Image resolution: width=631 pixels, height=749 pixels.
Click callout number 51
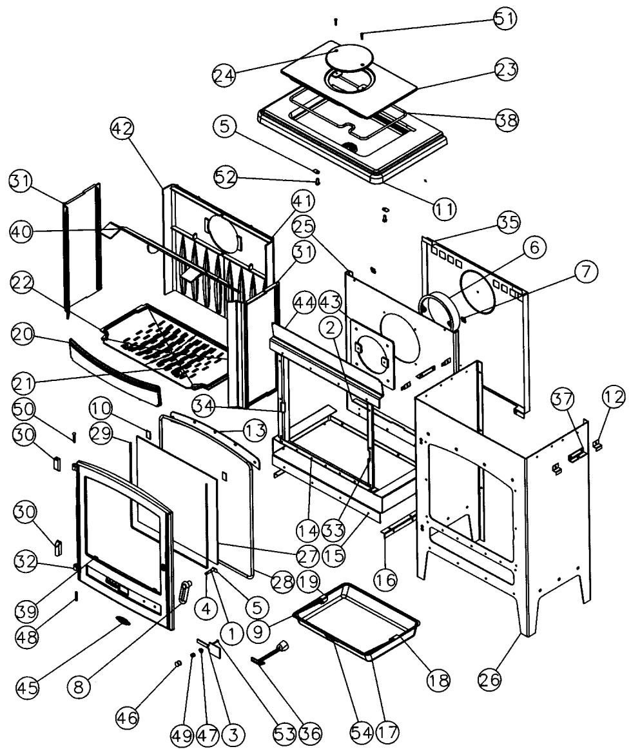[x=505, y=19]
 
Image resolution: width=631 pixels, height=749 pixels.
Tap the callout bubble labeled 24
[x=224, y=75]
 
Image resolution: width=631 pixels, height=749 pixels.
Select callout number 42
[x=122, y=129]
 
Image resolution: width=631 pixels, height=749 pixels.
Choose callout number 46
[x=127, y=717]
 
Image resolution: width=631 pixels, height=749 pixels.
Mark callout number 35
[x=509, y=222]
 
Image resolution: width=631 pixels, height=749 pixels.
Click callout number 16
[x=385, y=579]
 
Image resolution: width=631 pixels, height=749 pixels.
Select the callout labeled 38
[x=507, y=119]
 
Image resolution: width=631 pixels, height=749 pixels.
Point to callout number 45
[x=27, y=688]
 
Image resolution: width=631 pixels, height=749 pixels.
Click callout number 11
[x=444, y=209]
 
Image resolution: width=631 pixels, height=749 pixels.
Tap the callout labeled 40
[x=21, y=233]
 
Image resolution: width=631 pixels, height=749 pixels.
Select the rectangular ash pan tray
[x=357, y=621]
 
